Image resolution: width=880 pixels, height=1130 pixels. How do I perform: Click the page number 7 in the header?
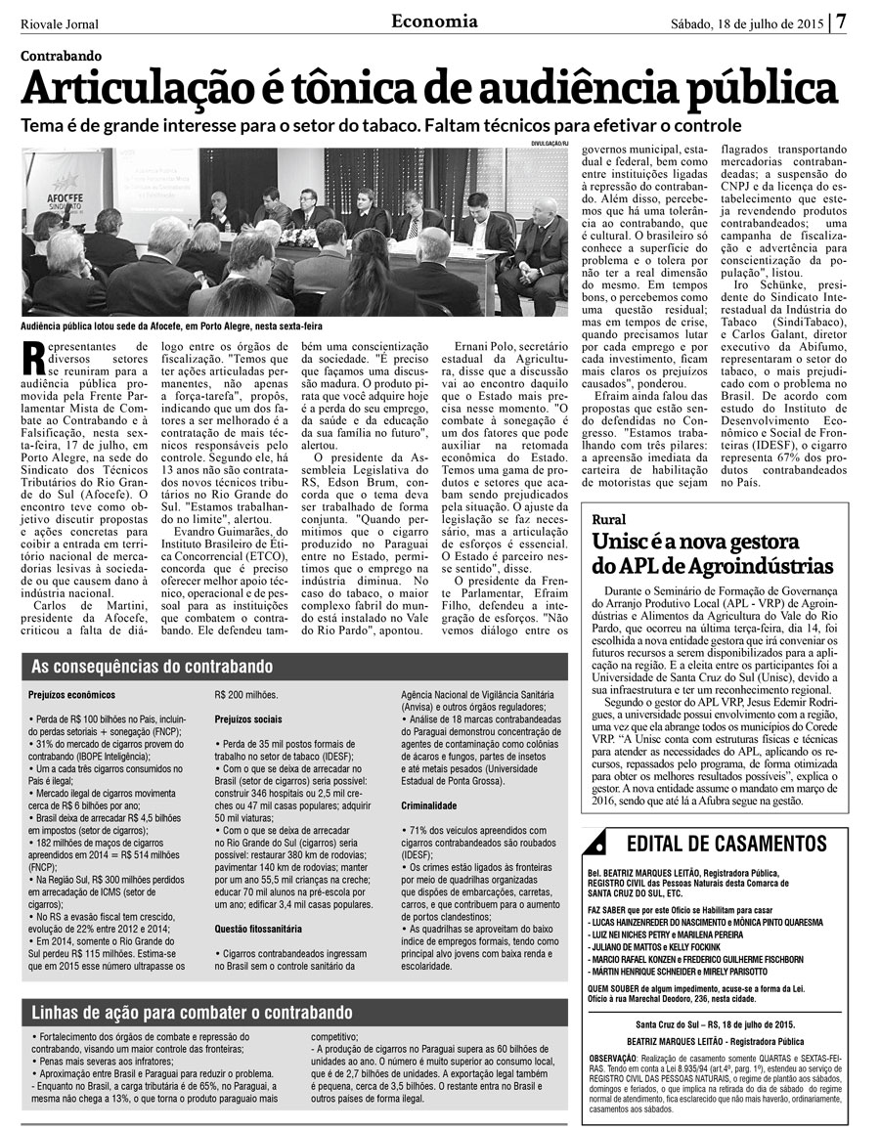coord(841,21)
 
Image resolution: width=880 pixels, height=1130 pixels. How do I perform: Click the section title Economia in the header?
coord(434,21)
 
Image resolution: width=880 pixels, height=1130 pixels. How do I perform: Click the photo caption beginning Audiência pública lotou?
coord(171,326)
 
